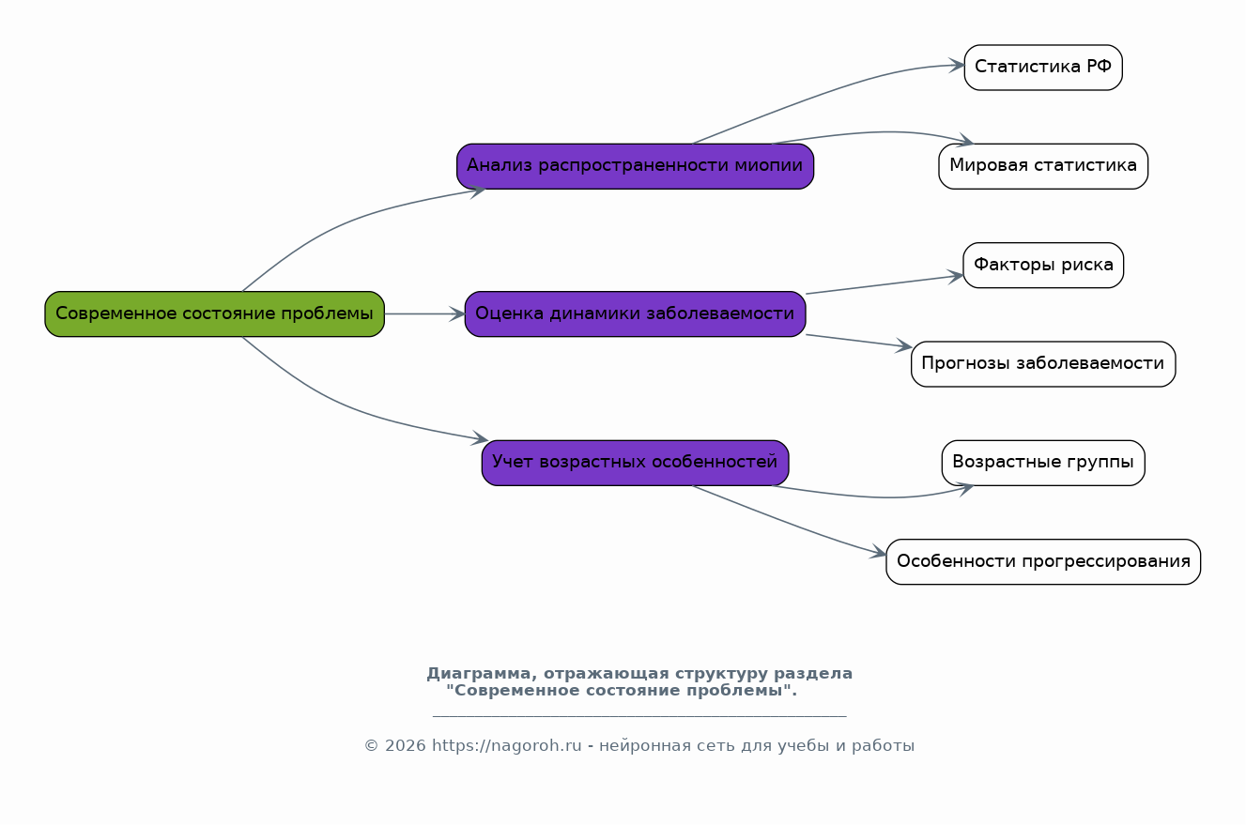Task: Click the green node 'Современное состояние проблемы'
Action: [215, 314]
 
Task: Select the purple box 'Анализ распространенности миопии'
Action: [636, 166]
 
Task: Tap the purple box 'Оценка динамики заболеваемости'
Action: [636, 314]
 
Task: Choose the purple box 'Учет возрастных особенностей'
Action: [636, 463]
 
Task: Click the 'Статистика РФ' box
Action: [1043, 68]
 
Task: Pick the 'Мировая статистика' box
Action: [1043, 166]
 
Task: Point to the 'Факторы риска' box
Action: [1043, 266]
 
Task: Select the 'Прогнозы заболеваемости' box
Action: [1043, 364]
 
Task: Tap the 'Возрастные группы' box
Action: [1043, 463]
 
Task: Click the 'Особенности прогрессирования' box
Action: [1043, 561]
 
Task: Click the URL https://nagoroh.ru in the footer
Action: [507, 746]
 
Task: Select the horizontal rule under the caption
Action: [639, 716]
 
